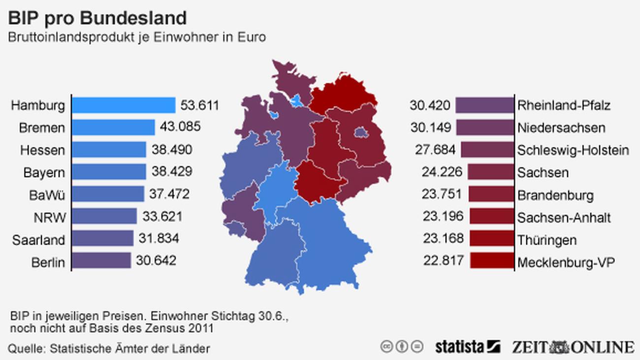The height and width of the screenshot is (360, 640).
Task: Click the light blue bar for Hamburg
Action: (124, 105)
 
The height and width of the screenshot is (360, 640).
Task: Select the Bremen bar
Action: (113, 127)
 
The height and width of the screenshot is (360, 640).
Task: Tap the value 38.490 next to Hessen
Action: (172, 150)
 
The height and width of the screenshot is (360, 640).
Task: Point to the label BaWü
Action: (47, 195)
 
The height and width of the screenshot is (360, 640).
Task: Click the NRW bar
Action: (104, 216)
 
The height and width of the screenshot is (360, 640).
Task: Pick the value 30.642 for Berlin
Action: (156, 261)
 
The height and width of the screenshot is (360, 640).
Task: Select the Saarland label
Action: (38, 240)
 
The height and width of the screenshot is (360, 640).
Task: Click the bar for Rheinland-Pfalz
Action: (484, 105)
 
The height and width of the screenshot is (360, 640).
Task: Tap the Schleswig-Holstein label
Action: (573, 150)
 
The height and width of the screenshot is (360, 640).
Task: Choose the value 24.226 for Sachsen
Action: (442, 172)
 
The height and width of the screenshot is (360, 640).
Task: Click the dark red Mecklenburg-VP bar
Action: (492, 261)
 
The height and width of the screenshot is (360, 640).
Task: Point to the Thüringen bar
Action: (492, 238)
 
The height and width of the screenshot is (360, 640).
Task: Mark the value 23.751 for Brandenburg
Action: (442, 194)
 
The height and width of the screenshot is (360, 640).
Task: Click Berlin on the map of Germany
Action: (360, 132)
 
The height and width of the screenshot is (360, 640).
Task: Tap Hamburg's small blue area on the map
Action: (297, 101)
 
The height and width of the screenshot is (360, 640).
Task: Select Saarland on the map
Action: (236, 229)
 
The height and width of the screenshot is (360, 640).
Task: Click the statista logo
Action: (468, 347)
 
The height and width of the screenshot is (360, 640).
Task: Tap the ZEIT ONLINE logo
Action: (573, 347)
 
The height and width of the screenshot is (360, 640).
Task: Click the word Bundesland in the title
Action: (133, 18)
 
